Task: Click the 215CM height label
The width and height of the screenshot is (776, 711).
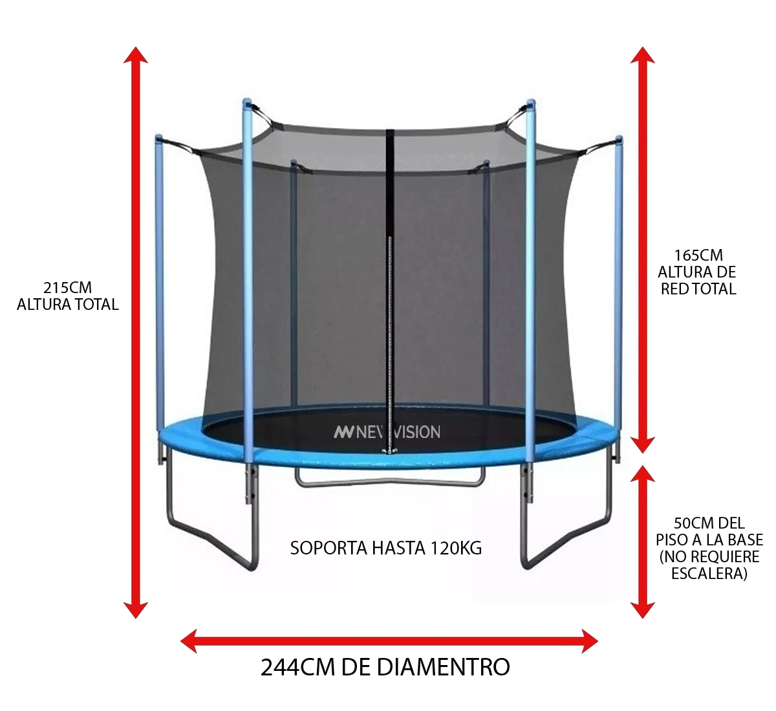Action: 68,288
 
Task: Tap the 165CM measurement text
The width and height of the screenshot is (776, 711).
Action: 698,256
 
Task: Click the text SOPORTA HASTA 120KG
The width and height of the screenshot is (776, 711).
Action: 385,548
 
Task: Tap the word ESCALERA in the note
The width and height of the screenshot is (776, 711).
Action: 709,573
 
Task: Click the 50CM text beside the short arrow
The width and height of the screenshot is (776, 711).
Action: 689,523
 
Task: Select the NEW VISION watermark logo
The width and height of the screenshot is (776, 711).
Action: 387,432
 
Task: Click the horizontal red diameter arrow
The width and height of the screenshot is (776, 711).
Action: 389,641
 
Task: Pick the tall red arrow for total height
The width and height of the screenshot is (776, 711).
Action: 136,333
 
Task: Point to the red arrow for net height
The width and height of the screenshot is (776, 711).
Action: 643,250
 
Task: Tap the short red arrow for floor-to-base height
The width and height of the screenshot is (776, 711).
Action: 643,542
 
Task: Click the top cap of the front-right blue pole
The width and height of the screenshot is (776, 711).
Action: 531,104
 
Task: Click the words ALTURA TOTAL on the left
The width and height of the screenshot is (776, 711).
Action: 68,305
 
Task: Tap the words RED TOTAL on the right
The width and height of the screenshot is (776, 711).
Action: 698,289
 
